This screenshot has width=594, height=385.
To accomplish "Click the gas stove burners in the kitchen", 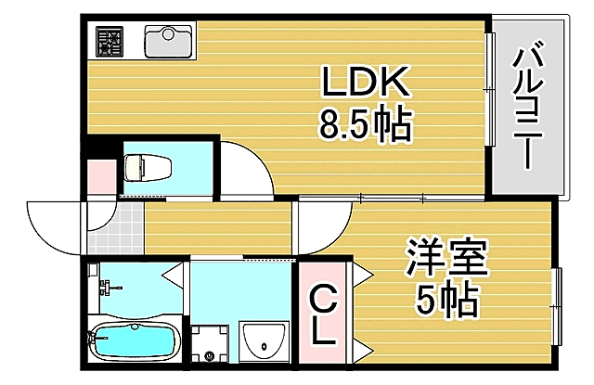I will pos(112,40).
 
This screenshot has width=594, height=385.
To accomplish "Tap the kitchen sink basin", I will pos(168,42).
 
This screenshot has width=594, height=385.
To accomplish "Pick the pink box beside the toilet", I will pos(97,173).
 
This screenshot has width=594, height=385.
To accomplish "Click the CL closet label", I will pos(322,316).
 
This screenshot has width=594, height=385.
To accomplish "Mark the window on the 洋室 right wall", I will pos(559,306).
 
